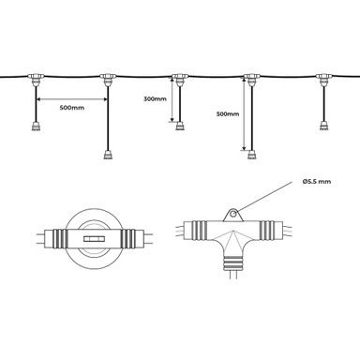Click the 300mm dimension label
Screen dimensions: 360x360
tap(155, 98)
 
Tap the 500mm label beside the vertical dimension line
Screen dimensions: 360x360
tap(228, 113)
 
